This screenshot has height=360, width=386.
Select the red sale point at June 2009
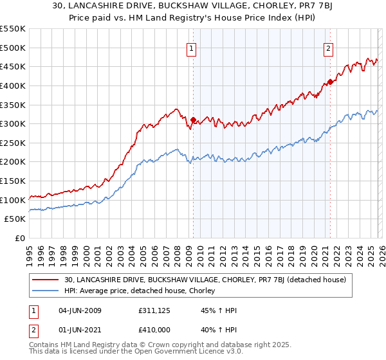193,119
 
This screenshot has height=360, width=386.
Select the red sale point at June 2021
330,82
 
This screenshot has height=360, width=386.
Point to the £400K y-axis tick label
13,85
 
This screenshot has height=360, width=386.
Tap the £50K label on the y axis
15,219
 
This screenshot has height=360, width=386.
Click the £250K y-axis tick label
13,143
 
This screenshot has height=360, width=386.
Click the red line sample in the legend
47,280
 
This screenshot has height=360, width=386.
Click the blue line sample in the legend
47,291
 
